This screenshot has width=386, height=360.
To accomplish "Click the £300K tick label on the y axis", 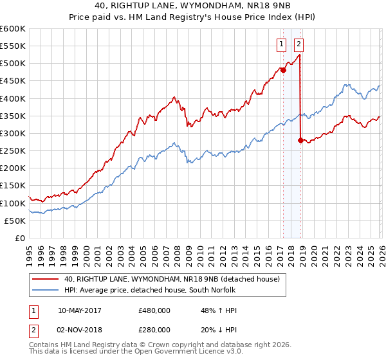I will pos(13,133).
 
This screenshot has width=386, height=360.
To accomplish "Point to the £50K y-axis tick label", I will pos(15,221).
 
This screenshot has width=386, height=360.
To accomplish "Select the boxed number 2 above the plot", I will pos(299,44).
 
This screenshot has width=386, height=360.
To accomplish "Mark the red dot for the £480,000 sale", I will pos(283,71).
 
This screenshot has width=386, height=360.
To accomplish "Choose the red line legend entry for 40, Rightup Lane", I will pos(172,279).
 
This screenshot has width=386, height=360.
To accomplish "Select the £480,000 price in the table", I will pos(154,310).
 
